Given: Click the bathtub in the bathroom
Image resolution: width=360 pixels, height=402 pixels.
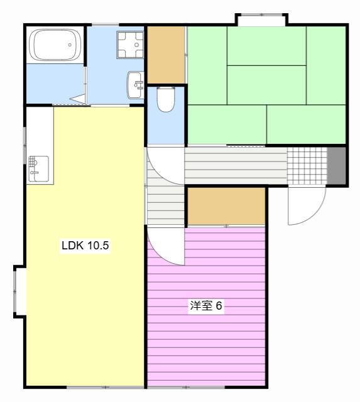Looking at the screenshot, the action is tap(56, 45).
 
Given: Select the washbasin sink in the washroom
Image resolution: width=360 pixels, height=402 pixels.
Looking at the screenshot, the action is tap(135, 85).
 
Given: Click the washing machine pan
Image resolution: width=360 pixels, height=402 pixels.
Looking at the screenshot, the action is tap(130, 45).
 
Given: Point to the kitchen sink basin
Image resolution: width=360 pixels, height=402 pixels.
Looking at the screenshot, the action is tap(38, 169).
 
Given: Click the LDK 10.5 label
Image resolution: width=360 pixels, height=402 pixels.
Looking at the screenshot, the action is tap(85, 246).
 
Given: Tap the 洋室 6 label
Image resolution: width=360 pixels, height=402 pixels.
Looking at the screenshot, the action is tap(206, 305).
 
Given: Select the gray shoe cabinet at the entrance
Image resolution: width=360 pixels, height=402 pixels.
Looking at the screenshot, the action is tap(336, 166).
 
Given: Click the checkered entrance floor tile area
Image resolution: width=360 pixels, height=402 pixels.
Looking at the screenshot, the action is tap(307, 166).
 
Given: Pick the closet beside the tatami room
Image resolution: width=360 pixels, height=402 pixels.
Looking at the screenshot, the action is tap(166, 55).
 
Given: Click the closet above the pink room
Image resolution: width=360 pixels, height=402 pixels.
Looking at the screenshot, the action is tap(226, 207).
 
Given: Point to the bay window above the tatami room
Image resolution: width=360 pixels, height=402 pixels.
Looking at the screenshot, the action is tap(262, 19).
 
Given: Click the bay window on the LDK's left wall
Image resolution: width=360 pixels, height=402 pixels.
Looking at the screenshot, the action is tap(19, 291).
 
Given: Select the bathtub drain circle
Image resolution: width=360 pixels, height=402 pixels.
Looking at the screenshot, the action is tap(70, 45).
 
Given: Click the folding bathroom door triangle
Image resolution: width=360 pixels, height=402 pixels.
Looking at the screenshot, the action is tap(80, 99).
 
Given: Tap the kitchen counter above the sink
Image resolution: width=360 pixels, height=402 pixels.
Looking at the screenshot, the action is tap(40, 131).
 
